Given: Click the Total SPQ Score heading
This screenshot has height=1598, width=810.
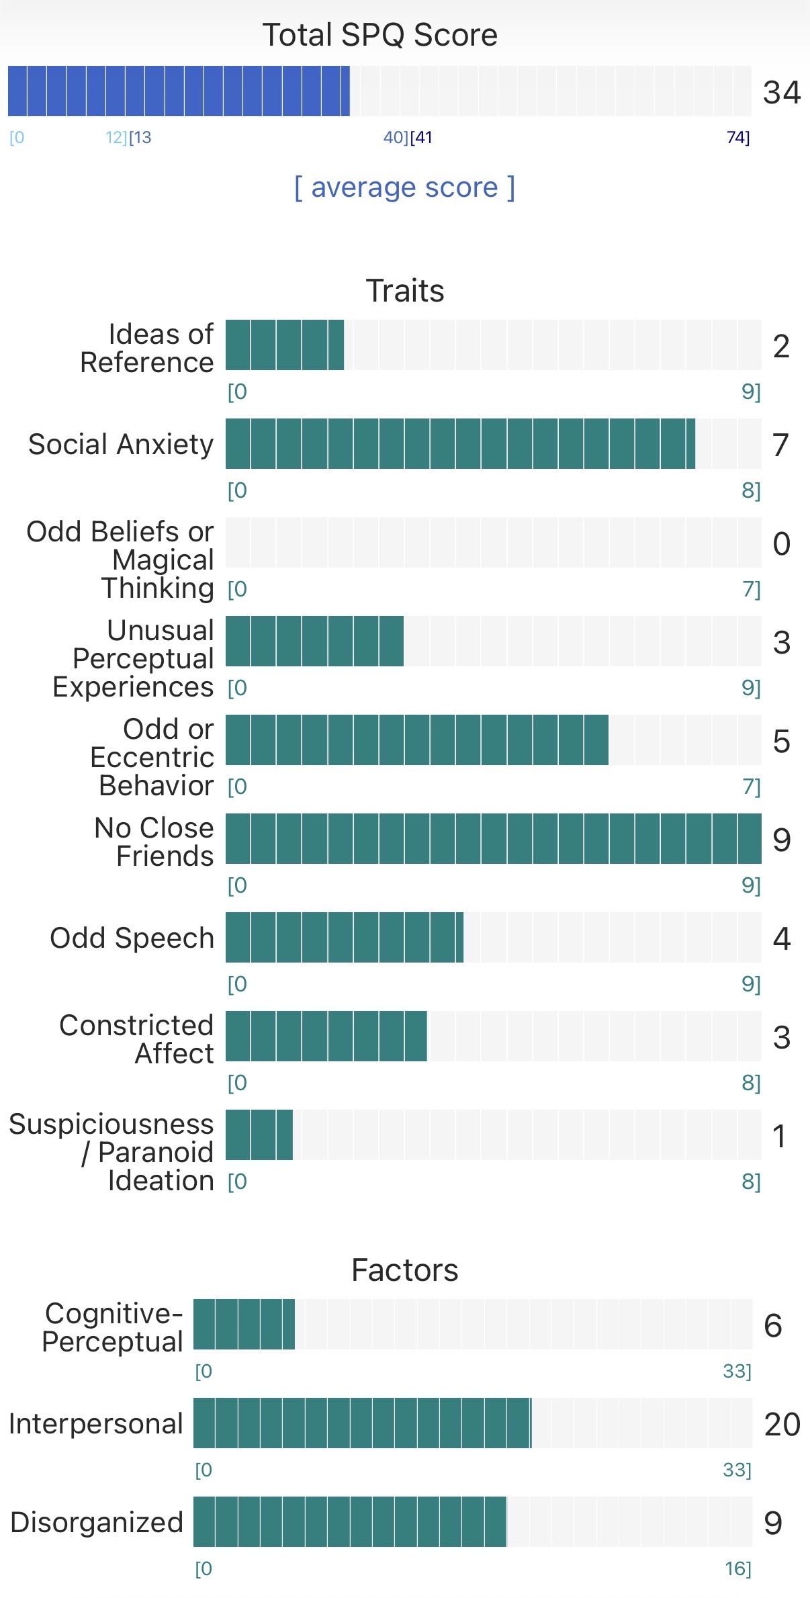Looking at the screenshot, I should point(379,35).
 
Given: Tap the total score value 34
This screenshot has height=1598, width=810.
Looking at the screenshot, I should point(781,92).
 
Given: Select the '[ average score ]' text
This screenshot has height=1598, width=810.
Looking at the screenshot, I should point(404,187).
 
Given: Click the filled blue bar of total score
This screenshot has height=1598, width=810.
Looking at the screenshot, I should point(179,91).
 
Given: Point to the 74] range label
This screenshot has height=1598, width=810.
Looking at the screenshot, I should point(737,138).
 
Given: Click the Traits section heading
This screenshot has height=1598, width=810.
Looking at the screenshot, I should point(404,291).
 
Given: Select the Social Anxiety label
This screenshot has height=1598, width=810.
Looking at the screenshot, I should point(121,445).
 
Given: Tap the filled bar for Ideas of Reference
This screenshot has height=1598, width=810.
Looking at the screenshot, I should point(285,345).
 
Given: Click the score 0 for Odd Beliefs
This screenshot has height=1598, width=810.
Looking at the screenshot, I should point(781,543).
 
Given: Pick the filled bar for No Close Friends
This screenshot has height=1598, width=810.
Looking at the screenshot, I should point(493,839).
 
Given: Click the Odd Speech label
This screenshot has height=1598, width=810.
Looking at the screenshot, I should point(132,938).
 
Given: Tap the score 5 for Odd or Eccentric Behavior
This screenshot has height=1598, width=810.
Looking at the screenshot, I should point(781,742).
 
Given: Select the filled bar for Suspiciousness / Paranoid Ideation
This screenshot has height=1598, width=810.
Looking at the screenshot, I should point(259,1135).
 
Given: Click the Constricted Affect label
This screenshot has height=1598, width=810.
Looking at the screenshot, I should point(137,1039).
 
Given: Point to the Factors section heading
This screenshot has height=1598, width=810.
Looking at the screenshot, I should point(404,1271).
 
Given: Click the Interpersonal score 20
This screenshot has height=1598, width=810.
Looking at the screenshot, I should point(782,1424).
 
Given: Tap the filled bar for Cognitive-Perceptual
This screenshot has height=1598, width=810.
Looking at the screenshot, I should point(244,1325).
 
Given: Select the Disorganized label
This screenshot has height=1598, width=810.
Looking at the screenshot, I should point(97,1523).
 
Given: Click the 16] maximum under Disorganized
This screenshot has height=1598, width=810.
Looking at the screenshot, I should point(737,1569).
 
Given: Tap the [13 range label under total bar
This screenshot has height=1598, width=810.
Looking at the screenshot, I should point(140,138).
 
